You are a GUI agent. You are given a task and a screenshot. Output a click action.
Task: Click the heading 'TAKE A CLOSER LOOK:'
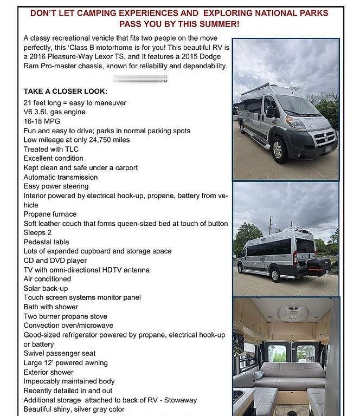(x=65, y=92)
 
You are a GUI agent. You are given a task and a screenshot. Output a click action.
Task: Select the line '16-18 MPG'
(x=42, y=121)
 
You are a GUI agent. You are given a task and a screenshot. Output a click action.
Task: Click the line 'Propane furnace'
(x=50, y=214)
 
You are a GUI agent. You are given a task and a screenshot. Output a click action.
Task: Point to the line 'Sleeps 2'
(x=38, y=233)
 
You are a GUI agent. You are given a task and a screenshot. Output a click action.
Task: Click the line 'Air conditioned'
(x=47, y=279)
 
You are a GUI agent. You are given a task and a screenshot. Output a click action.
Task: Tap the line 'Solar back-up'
(x=45, y=288)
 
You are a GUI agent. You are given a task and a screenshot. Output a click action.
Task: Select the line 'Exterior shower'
(x=48, y=372)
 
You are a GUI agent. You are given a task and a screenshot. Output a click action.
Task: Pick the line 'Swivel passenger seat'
(x=60, y=353)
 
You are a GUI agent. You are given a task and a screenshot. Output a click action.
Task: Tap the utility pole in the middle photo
(x=269, y=225)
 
